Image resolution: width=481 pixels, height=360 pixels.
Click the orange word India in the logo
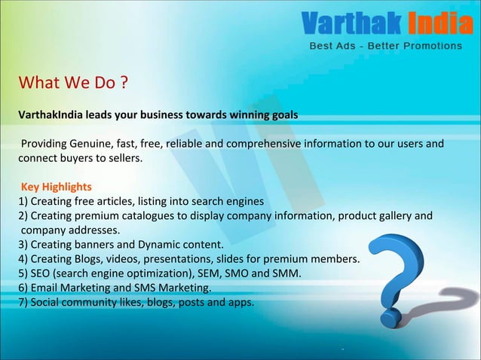click(440, 24)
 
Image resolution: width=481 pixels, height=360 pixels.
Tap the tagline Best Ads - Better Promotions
click(387, 46)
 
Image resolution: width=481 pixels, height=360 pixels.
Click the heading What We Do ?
click(72, 81)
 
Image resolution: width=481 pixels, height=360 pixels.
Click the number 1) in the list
click(23, 201)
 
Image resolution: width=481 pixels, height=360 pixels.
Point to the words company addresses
click(70, 230)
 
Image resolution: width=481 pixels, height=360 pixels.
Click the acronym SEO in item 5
click(41, 273)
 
